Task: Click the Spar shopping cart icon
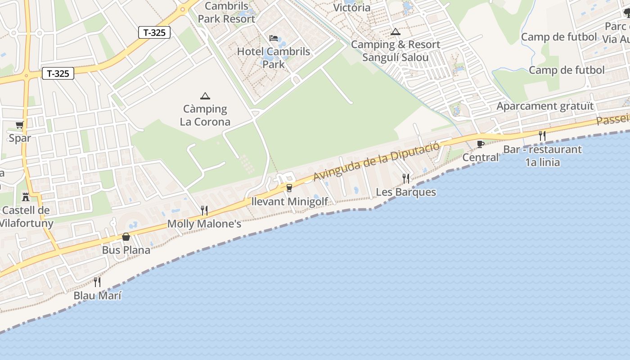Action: coord(19,125)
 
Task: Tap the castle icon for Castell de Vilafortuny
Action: coord(26,197)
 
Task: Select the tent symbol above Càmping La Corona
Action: coord(205,95)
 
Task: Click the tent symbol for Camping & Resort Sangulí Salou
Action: coord(395,31)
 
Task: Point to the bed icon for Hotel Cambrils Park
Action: coord(274,38)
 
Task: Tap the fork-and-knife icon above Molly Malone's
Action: coord(204,210)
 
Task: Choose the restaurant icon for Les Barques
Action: coord(406,179)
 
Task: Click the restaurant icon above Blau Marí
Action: coord(97,282)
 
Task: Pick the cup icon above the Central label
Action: coord(481,144)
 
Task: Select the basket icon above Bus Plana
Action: coord(126,237)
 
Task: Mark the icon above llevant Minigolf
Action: coord(289,188)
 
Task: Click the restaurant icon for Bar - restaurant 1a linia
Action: coord(542,135)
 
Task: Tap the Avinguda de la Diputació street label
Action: coord(376,161)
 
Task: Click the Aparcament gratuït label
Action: coord(545,107)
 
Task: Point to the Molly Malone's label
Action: coord(204,224)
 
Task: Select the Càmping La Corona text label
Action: coord(205,115)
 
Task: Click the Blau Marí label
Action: coord(97,296)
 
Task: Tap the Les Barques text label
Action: coord(406,192)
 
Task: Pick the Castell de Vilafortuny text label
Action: coord(26,216)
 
